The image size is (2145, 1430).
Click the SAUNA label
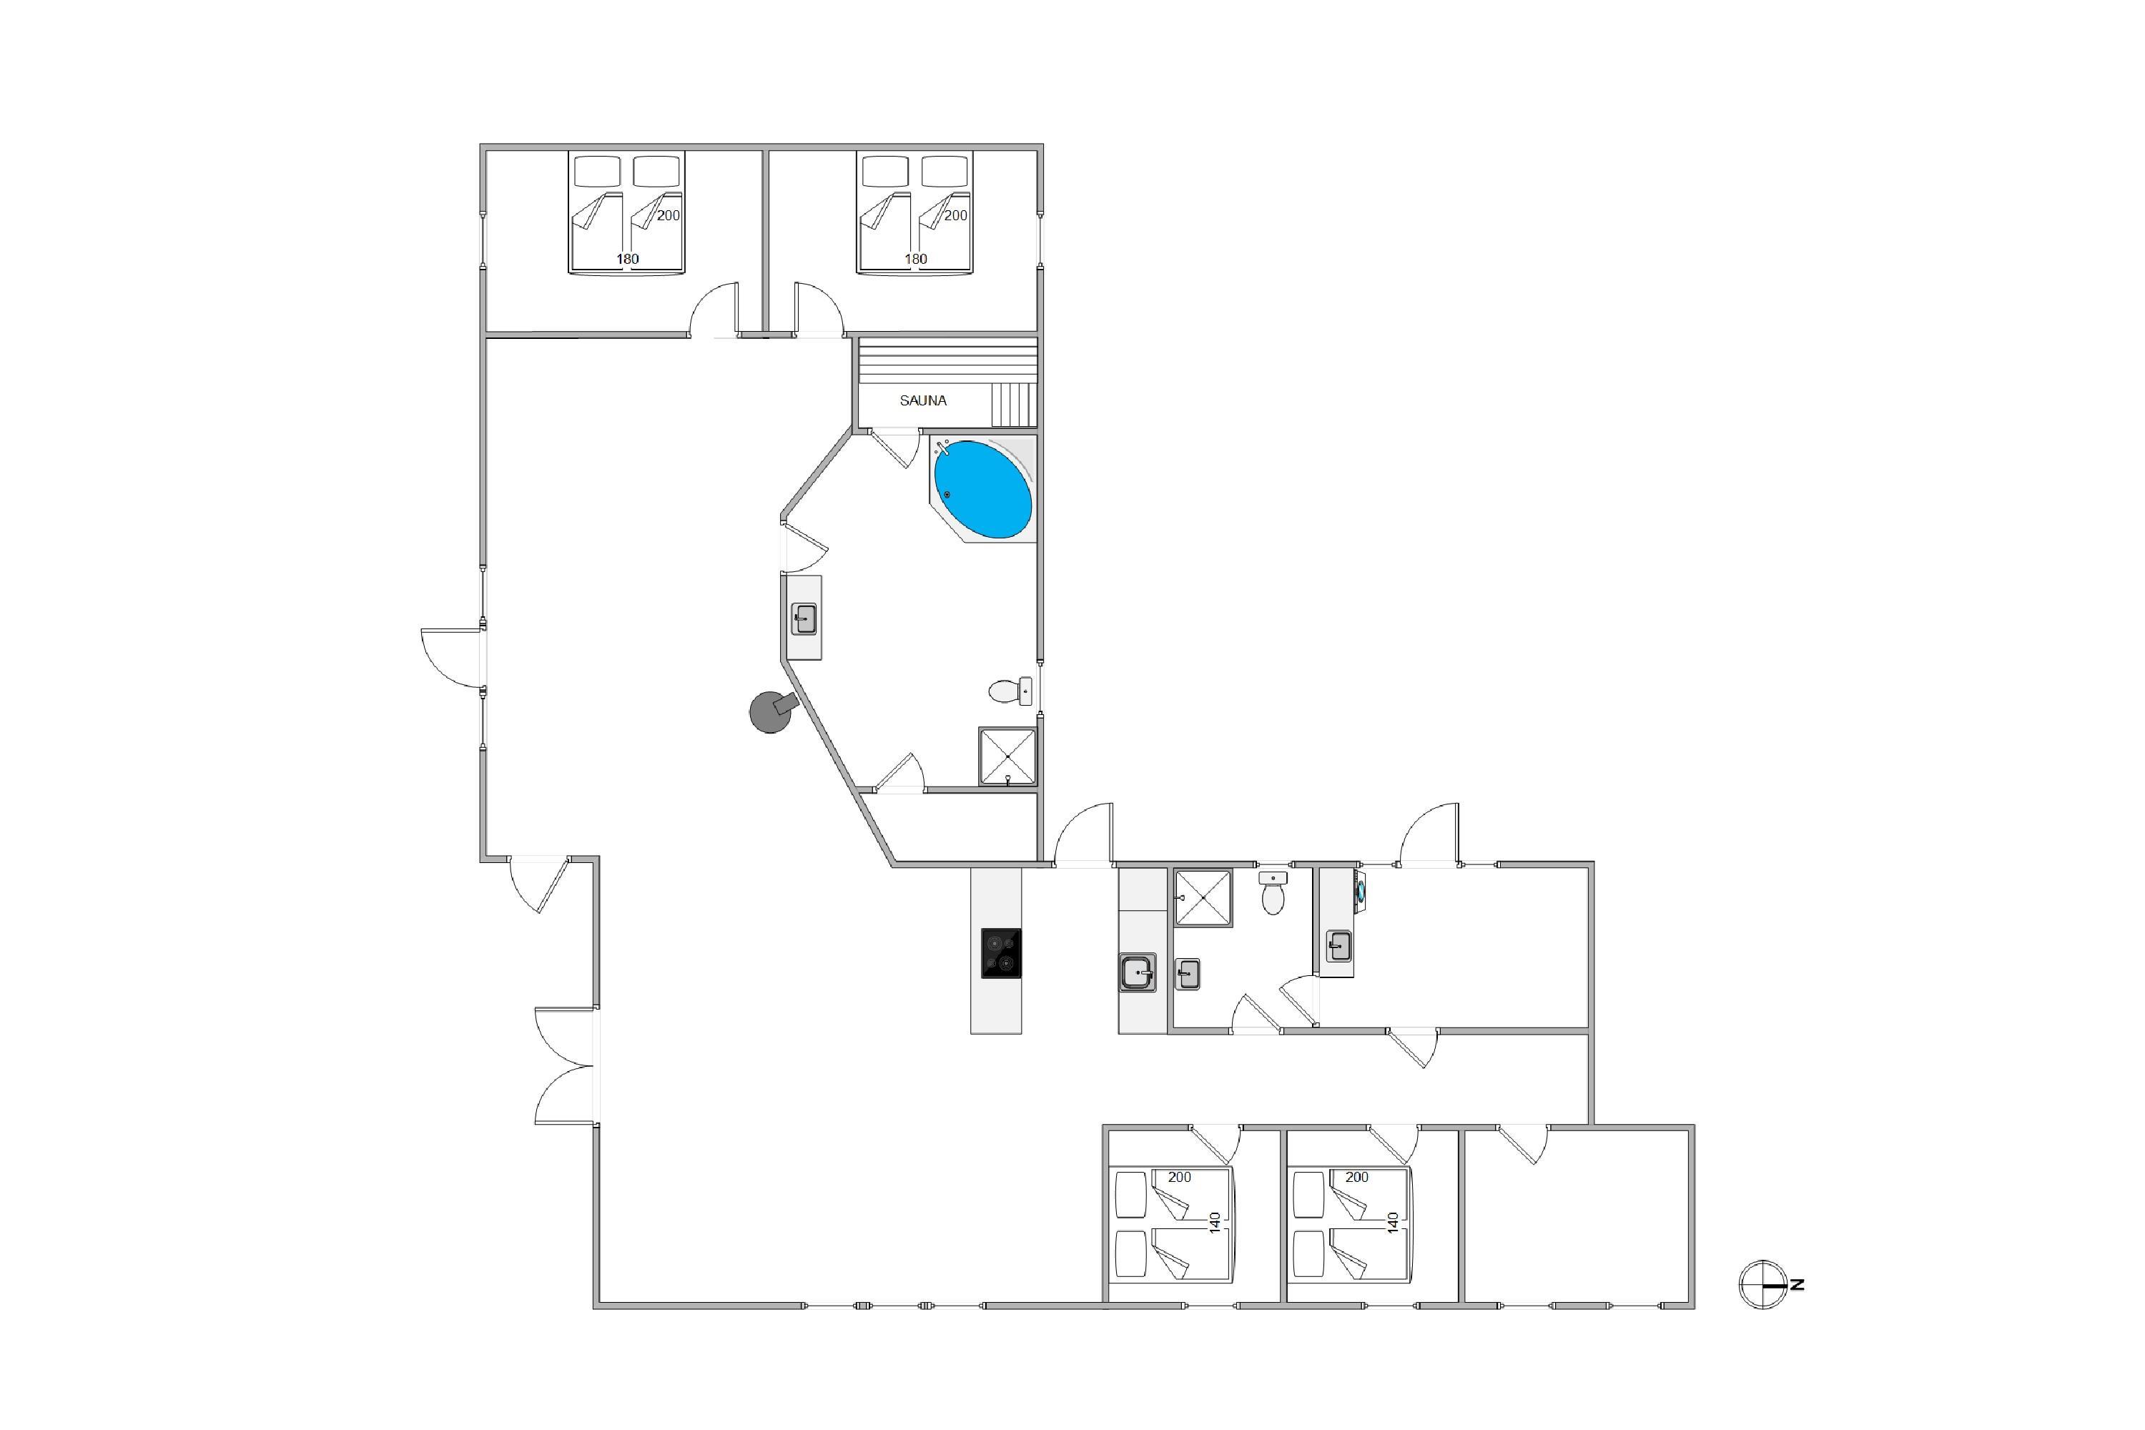click(x=923, y=400)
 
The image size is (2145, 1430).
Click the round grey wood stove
click(x=771, y=711)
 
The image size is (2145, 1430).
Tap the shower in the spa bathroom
click(x=1007, y=756)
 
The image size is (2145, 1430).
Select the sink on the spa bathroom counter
click(x=804, y=620)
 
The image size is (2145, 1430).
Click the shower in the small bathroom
click(x=1203, y=898)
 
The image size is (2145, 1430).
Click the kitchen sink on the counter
click(x=1138, y=972)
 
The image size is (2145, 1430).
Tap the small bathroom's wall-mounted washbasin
click(x=1188, y=974)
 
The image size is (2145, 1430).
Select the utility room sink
click(x=1338, y=946)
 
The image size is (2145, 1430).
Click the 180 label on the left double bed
click(x=628, y=259)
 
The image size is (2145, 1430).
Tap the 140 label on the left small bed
click(x=1215, y=1222)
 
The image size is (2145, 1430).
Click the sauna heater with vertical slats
click(x=1014, y=404)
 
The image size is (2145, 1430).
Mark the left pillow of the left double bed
click(x=597, y=172)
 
